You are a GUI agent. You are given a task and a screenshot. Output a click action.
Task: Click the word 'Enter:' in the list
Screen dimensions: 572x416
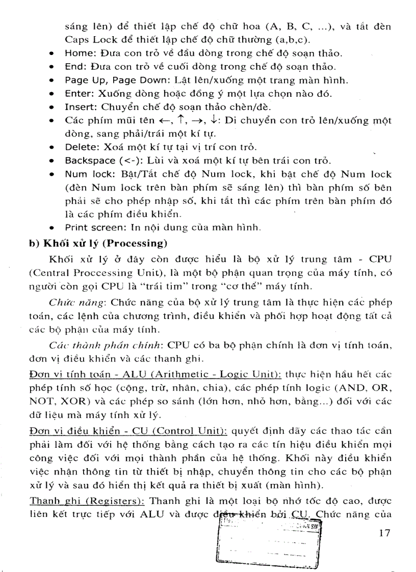77,94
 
